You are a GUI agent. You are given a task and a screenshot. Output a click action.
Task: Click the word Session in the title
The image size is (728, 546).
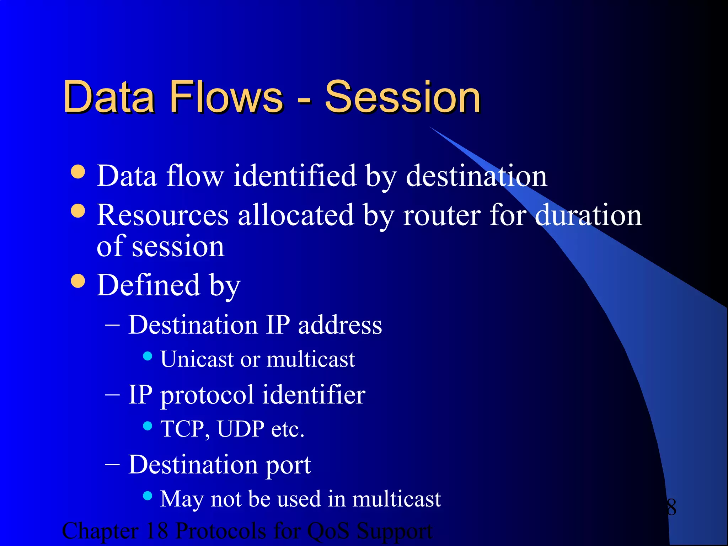coord(402,97)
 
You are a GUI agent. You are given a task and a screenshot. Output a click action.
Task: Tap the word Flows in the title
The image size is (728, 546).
coord(227,97)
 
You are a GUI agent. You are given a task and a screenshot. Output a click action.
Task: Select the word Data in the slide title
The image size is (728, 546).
coord(109,97)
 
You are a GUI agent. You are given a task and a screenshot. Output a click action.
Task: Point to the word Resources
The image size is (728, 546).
coord(162,215)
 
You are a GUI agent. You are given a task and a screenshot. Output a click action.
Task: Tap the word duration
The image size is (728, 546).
coord(588,215)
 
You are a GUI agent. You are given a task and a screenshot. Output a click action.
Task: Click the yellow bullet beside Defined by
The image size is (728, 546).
coord(78,281)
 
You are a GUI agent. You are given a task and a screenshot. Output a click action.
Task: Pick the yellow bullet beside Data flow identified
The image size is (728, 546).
coord(78,172)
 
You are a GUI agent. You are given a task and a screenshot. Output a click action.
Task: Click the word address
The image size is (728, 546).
coord(340,325)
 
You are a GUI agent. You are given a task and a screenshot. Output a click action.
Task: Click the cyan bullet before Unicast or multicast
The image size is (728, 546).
coord(148,356)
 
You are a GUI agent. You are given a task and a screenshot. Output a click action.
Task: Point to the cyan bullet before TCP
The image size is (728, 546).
coord(148,425)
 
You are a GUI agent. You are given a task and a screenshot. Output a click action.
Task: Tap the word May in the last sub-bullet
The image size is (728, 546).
coord(181,499)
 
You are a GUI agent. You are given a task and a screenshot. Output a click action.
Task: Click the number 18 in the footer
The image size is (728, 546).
coord(156,531)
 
